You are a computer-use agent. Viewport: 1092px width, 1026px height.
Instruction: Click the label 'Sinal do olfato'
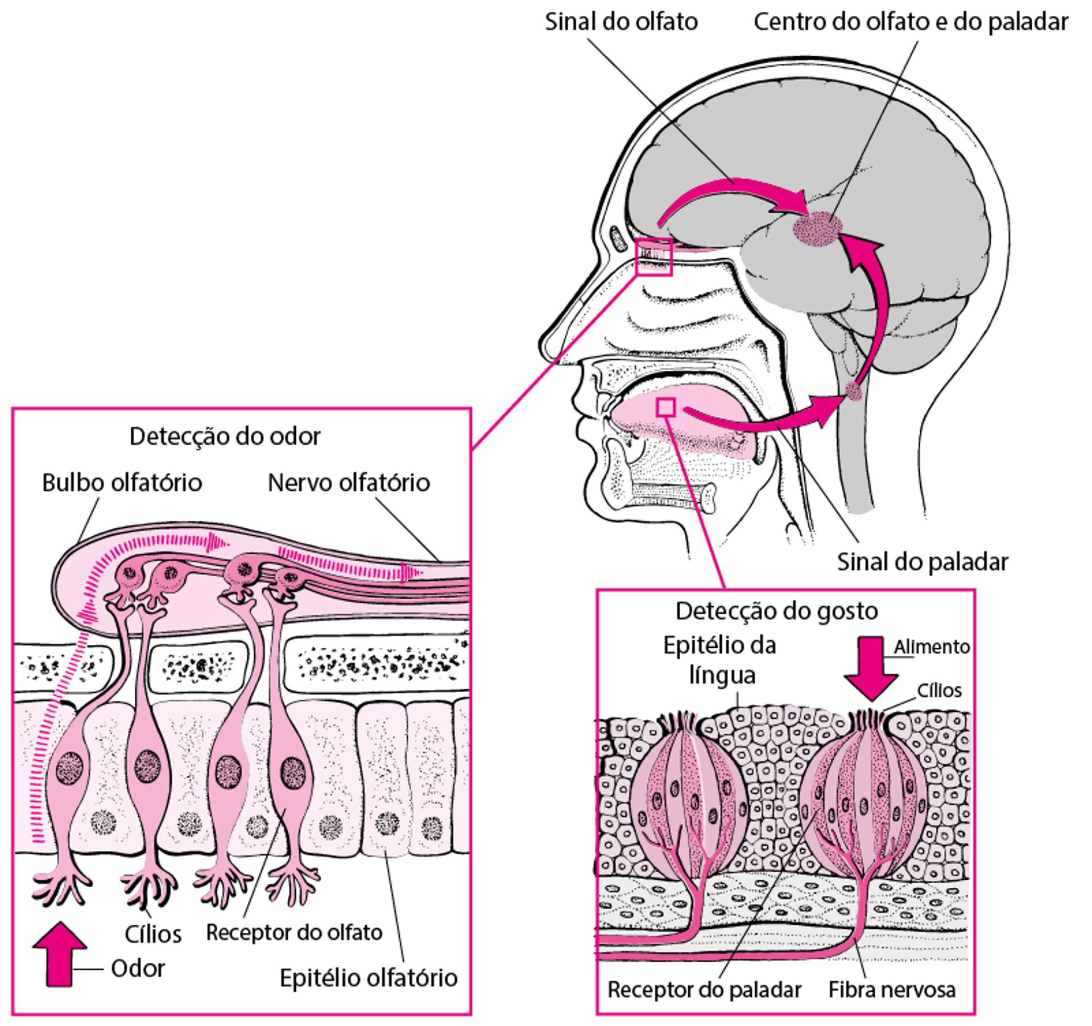[x=621, y=22]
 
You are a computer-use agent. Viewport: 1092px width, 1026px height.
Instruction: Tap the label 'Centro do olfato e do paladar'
[x=911, y=22]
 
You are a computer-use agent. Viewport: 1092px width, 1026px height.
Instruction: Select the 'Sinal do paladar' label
[x=923, y=562]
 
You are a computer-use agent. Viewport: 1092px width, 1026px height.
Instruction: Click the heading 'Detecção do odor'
[x=225, y=437]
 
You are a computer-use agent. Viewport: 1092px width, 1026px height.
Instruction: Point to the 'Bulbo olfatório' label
[x=122, y=483]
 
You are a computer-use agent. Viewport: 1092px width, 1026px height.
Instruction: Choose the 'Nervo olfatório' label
[x=349, y=483]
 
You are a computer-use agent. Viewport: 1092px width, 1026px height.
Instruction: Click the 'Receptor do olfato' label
[x=294, y=933]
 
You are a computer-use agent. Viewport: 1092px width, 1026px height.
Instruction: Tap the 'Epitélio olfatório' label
[x=369, y=978]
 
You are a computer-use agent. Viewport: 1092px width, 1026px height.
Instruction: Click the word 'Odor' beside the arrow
[x=138, y=969]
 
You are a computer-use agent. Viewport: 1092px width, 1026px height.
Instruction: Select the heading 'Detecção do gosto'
[x=776, y=611]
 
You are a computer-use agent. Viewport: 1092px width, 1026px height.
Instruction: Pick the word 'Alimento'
[x=931, y=647]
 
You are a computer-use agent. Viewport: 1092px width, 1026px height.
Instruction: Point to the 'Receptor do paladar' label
[x=704, y=990]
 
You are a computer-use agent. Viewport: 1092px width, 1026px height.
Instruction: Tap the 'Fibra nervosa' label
[x=892, y=990]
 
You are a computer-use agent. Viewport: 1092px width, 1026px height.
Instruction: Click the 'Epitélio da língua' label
[x=720, y=661]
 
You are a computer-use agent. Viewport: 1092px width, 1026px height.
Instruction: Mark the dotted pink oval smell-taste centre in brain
[x=818, y=229]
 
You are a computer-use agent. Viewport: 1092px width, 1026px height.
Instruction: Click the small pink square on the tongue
[x=665, y=407]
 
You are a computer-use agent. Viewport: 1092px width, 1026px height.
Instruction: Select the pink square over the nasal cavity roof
[x=654, y=257]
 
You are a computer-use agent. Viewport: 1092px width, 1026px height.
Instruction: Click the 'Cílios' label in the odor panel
[x=153, y=934]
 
